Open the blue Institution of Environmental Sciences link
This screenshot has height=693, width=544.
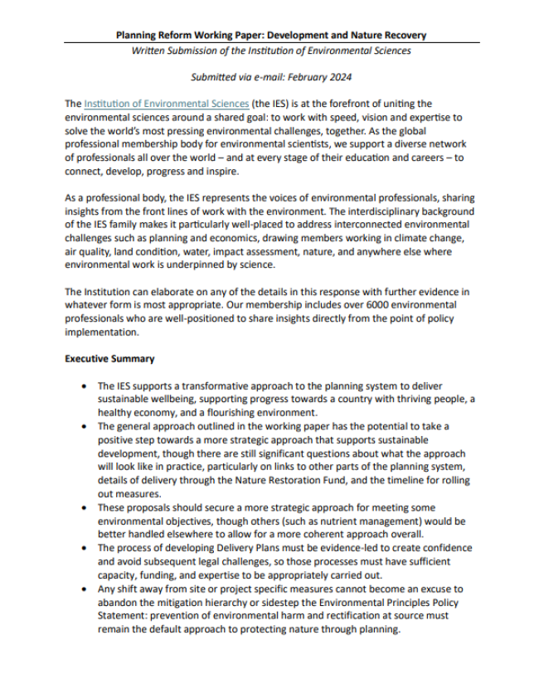166,104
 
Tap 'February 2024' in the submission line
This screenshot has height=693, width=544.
323,77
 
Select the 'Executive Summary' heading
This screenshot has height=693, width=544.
109,359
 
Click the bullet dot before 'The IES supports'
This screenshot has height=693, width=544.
87,386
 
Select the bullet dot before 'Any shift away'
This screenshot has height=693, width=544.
87,589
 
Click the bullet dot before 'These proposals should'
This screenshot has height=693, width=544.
87,507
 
